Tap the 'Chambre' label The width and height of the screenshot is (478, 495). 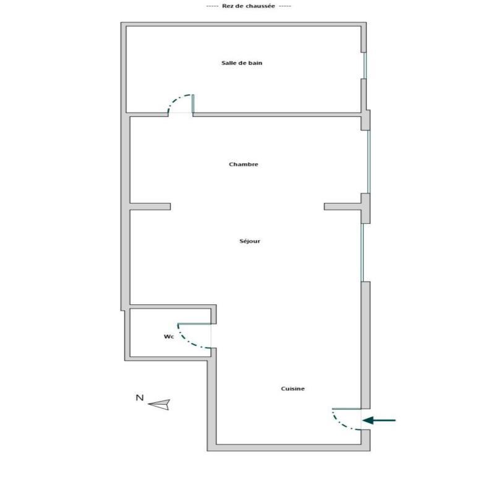point(243,165)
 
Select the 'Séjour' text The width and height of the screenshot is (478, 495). point(250,241)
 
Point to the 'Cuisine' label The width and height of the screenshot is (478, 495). point(292,389)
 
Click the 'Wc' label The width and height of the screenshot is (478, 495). point(168,337)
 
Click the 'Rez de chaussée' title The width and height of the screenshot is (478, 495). point(249,6)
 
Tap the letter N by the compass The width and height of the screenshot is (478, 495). point(140,398)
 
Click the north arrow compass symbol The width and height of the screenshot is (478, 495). point(160,404)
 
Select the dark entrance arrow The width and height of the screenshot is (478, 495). point(378,421)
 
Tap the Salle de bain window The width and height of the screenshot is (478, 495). point(365,66)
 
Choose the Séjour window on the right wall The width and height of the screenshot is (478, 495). point(363,252)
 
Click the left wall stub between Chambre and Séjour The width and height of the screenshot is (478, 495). point(150,207)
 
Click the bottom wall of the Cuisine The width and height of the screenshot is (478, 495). point(288,447)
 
